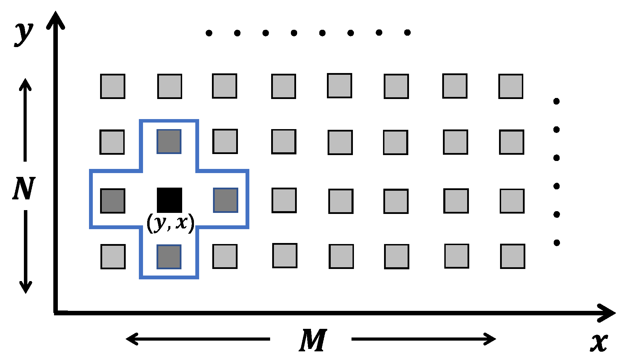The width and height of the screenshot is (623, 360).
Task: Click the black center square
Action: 169,200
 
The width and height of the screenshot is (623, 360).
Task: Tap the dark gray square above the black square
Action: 169,141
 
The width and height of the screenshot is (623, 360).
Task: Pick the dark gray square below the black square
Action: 169,256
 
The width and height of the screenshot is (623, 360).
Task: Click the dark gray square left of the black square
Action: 113,201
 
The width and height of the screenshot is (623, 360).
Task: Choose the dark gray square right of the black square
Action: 225,200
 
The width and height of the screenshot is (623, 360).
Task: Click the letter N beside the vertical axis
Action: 24,188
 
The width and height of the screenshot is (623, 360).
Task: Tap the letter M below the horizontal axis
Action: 313,341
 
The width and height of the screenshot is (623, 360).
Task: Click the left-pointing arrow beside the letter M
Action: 197,339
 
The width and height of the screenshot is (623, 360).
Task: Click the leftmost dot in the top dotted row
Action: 209,33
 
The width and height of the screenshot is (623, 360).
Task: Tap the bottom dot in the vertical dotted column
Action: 557,243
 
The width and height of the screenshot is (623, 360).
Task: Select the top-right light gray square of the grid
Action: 511,86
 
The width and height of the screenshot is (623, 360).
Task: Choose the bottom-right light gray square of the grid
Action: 513,256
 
